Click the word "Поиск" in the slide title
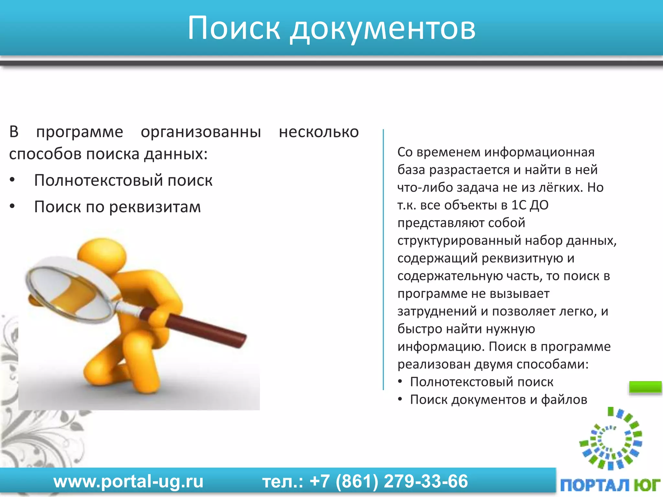coord(233,28)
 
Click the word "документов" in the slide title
coord(382,30)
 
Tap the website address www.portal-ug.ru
coord(129,481)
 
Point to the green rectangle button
coord(645,387)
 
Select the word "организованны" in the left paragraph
coord(201,132)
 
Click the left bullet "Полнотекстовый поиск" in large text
coord(123,180)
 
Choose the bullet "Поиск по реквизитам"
coord(118,207)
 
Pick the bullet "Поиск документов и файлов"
coord(499,400)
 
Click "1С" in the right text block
coord(519,205)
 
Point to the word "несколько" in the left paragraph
coord(319,132)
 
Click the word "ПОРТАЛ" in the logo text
coord(594,485)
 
